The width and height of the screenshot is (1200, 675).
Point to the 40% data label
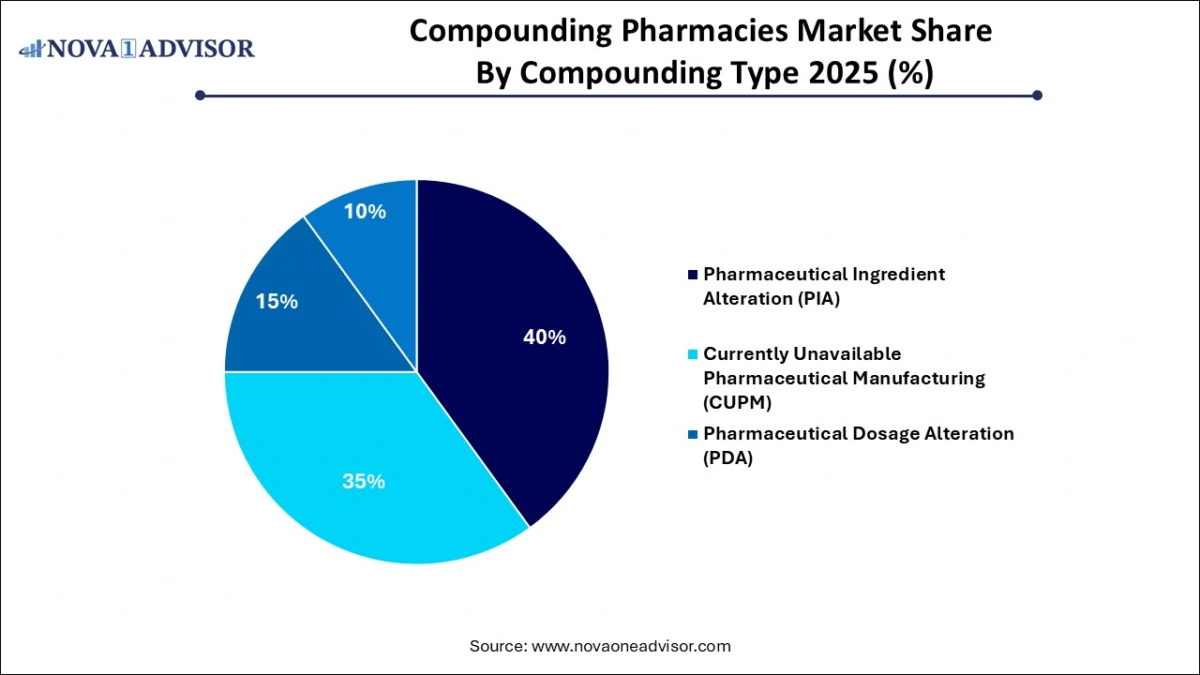[x=544, y=337]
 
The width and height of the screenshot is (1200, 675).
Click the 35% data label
[x=364, y=482]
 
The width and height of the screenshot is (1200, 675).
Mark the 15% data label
[x=277, y=302]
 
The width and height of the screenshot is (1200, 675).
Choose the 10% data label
[x=364, y=212]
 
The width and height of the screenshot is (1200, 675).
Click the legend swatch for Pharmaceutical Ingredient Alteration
[x=693, y=275]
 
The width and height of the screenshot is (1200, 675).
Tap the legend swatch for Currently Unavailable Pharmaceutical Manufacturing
[x=693, y=354]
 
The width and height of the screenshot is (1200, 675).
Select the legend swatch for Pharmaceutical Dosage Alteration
[x=693, y=434]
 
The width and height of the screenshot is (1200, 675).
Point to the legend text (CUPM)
[x=736, y=401]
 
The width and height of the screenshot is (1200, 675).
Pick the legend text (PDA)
[x=728, y=457]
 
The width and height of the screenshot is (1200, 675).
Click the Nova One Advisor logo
[x=137, y=48]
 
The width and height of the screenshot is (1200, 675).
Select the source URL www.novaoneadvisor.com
[x=631, y=646]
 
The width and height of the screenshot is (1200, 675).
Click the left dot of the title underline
[x=200, y=95]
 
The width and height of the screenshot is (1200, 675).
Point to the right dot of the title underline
[x=1037, y=95]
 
